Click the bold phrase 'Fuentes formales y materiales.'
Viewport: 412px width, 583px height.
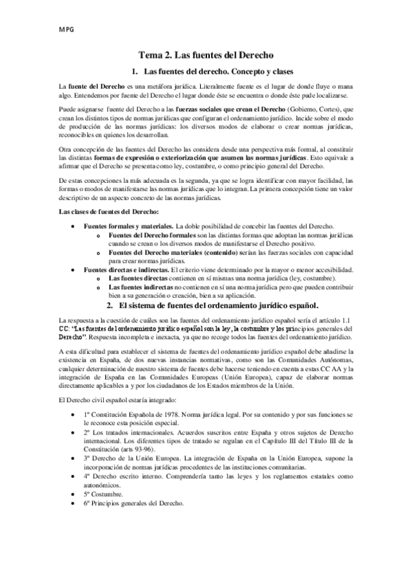(129, 226)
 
